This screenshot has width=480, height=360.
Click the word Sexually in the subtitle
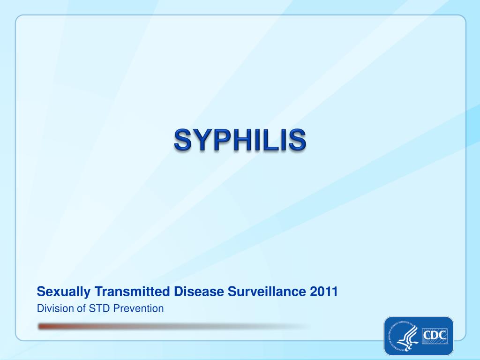coord(64,292)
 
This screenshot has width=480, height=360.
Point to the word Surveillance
coord(267,292)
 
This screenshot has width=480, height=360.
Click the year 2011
coord(324,292)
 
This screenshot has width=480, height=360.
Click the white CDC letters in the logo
coord(435,336)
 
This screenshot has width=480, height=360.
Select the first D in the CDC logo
coord(435,336)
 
